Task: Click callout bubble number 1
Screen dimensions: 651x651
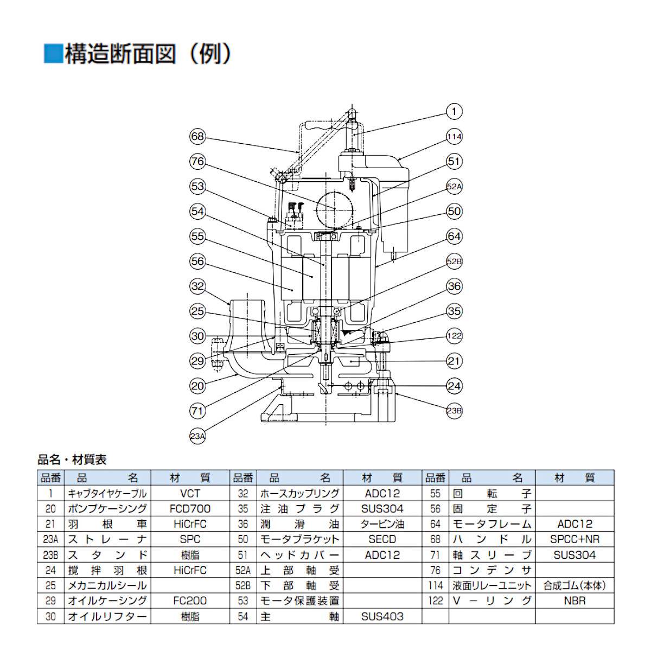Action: click(454, 112)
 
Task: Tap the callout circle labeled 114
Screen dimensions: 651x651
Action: click(454, 137)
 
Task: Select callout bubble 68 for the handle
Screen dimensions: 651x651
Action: click(197, 137)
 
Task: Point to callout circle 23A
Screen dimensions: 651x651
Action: click(197, 436)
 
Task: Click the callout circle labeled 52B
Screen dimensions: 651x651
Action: click(454, 261)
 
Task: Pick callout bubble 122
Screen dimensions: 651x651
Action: click(454, 336)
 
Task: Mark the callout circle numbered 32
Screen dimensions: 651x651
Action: click(197, 286)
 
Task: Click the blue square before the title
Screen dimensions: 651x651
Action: click(53, 54)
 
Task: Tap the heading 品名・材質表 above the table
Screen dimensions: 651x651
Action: click(72, 460)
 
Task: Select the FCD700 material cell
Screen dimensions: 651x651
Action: click(190, 509)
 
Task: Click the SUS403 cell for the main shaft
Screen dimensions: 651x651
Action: click(382, 616)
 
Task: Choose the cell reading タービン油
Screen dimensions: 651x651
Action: click(382, 524)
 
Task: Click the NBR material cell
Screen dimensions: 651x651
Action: click(575, 601)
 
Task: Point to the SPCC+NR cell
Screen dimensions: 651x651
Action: click(575, 539)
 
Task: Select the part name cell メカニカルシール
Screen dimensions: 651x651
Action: click(107, 586)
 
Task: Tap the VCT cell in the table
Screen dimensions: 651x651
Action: click(190, 494)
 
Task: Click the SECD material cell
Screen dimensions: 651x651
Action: click(382, 539)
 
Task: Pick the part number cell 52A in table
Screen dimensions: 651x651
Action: click(243, 571)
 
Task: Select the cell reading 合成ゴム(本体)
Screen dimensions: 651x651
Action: click(575, 586)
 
